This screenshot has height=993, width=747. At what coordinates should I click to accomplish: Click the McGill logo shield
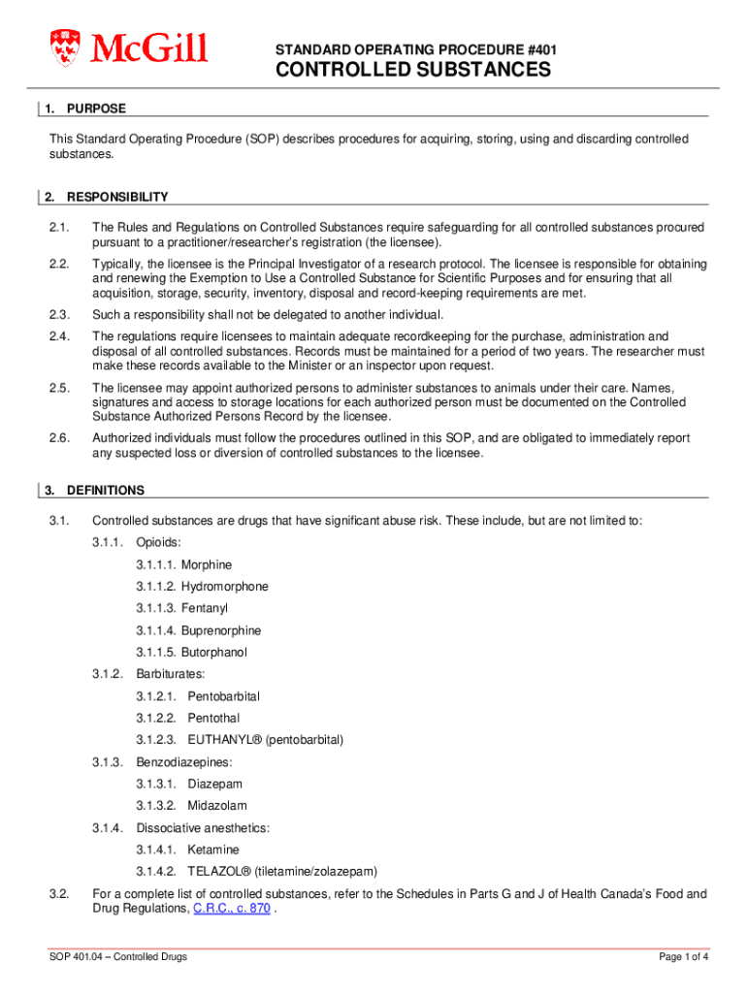tap(67, 48)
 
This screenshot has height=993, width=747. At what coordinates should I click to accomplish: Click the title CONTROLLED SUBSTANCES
tap(412, 70)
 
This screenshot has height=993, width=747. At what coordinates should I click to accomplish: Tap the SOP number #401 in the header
tap(539, 48)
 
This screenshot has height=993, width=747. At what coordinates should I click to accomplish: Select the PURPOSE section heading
tap(96, 109)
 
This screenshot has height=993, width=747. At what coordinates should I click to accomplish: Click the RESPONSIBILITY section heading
tap(117, 197)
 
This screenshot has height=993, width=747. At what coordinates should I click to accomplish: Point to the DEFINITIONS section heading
tap(106, 490)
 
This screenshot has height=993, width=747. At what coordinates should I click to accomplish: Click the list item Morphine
tap(206, 564)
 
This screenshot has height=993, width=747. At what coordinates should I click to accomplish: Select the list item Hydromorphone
tap(224, 587)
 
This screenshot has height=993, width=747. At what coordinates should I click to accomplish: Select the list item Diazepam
tap(214, 784)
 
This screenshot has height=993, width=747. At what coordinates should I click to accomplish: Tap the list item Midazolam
tap(217, 806)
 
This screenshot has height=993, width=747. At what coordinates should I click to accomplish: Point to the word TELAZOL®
tap(221, 871)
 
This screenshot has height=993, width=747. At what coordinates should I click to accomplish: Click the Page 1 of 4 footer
tap(684, 957)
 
